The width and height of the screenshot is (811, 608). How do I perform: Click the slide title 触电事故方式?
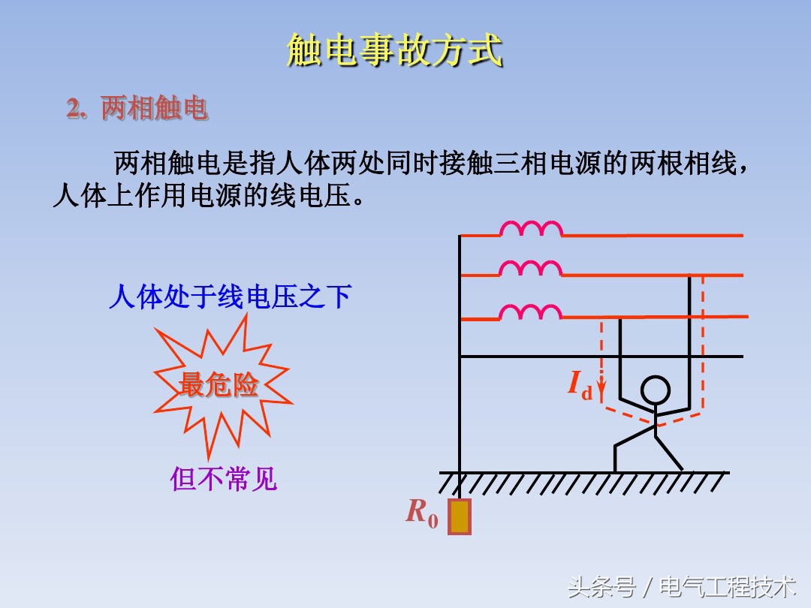click(394, 51)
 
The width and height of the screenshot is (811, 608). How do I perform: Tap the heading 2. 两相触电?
click(137, 110)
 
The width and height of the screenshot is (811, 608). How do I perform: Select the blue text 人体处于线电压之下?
click(230, 297)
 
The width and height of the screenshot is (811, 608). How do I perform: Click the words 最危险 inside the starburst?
click(219, 386)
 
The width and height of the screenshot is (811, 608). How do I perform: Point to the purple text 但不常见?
click(224, 478)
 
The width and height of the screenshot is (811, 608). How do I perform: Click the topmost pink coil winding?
click(531, 228)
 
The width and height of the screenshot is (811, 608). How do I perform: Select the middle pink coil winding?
click(531, 268)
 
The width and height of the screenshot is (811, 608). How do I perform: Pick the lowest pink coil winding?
click(531, 312)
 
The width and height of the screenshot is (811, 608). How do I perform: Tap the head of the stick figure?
click(654, 390)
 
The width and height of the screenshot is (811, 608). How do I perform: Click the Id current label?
click(579, 385)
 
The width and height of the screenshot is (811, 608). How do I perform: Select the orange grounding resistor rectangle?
click(459, 516)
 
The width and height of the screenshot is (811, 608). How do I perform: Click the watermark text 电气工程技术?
click(727, 585)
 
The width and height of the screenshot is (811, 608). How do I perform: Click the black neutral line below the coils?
click(601, 357)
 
